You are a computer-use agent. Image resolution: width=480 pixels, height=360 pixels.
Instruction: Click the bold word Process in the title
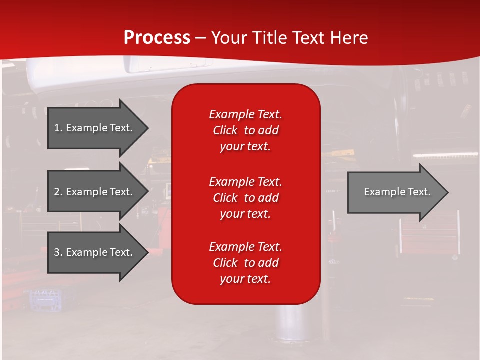(x=157, y=38)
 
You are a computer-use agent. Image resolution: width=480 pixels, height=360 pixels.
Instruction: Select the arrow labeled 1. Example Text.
(x=95, y=128)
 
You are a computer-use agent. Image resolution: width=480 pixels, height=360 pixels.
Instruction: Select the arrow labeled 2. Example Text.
(x=95, y=192)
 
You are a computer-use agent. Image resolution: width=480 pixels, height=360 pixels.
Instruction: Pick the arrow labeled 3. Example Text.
(x=95, y=252)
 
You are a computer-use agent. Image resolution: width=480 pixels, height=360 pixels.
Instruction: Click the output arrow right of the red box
(x=395, y=192)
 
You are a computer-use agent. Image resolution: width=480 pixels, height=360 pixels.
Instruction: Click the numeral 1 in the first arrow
(x=57, y=128)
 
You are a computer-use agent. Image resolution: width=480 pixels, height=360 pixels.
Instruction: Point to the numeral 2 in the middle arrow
(x=57, y=192)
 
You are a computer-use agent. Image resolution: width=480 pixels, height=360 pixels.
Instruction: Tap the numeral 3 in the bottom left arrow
(x=57, y=252)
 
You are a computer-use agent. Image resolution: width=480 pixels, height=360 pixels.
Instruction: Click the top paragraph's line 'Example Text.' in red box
(x=245, y=114)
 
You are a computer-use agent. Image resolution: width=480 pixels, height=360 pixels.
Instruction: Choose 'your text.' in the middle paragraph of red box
(x=245, y=214)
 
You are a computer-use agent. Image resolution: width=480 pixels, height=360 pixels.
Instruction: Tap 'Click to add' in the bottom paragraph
(x=245, y=263)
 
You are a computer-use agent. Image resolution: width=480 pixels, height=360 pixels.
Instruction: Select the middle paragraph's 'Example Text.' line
(x=245, y=182)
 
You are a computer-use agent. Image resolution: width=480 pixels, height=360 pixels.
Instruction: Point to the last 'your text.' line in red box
(x=245, y=279)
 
